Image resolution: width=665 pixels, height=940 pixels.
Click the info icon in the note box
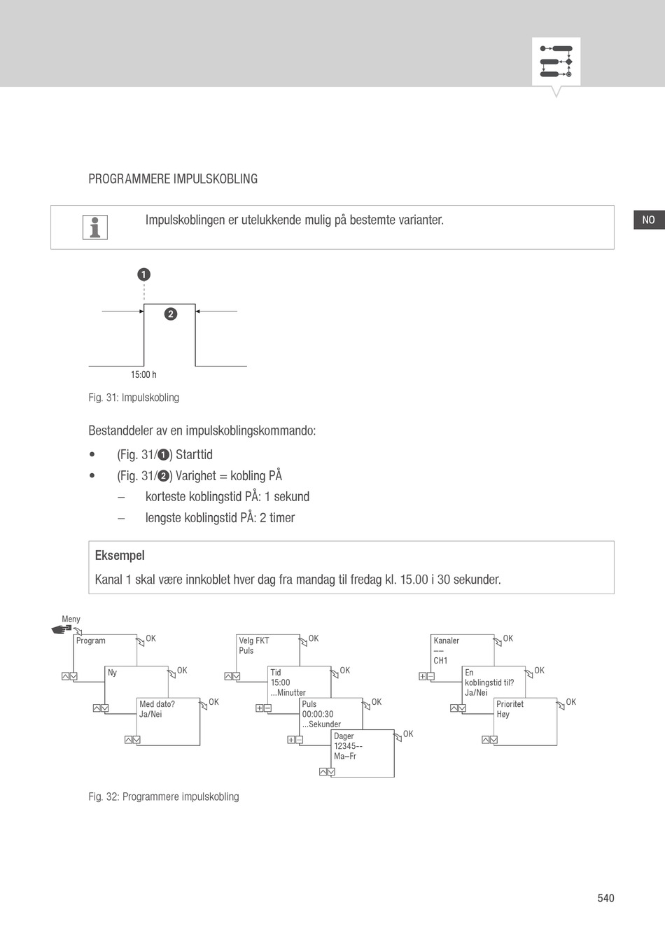click(94, 227)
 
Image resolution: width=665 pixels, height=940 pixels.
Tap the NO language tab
click(648, 220)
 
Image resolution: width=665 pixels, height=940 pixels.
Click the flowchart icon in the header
click(556, 62)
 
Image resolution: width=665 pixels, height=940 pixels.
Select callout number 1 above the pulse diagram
click(143, 274)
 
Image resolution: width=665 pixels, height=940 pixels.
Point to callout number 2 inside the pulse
click(170, 314)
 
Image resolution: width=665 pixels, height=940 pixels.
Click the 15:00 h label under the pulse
click(143, 374)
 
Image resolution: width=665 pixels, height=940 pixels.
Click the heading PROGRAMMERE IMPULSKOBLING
click(173, 179)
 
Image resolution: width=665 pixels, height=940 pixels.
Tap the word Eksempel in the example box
click(120, 556)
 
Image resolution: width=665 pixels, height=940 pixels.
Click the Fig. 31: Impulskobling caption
click(134, 398)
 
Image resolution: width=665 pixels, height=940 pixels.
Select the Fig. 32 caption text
click(164, 797)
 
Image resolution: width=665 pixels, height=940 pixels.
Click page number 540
click(605, 898)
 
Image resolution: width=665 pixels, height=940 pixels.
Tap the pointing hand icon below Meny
click(62, 629)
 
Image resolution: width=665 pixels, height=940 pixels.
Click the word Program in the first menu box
click(91, 640)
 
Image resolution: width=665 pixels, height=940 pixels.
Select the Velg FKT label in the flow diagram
click(253, 640)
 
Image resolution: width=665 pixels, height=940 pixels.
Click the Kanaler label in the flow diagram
click(447, 640)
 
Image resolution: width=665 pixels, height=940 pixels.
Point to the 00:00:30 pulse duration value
click(318, 715)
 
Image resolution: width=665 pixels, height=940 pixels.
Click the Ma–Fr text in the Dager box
click(345, 756)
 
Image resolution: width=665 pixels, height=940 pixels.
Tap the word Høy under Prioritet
click(503, 715)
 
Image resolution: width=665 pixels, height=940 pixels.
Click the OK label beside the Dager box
click(408, 734)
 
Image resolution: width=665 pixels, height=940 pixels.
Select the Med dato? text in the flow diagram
click(157, 704)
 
